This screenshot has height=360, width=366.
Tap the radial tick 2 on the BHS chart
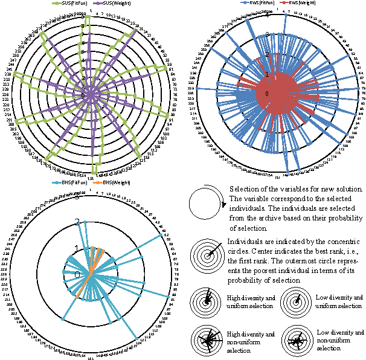pos(77,222)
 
